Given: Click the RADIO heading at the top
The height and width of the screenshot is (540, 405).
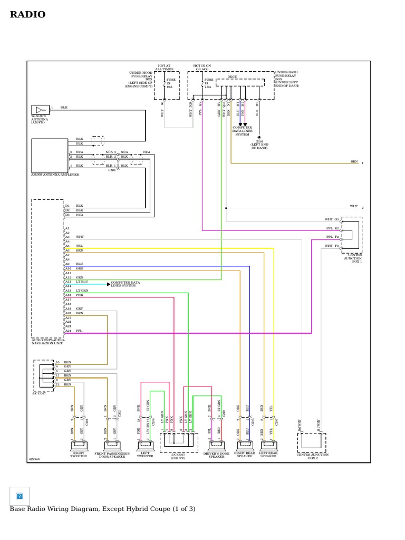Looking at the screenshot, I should pos(27,15).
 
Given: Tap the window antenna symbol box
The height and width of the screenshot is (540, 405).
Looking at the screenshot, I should pos(40,110).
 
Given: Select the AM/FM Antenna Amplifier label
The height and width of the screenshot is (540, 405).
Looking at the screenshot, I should pos(55,173).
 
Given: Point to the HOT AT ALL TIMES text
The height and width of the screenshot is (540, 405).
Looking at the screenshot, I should pos(164,67).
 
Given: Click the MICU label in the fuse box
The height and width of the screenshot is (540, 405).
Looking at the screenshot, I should pos(233,76).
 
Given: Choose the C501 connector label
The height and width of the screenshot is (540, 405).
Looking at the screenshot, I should pos(112,170).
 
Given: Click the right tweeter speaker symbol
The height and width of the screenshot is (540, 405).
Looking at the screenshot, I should pos(79,446).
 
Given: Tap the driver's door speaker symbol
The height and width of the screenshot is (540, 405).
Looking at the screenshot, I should pos(216,446).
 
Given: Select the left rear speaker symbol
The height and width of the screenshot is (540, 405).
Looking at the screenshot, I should pos(268,446).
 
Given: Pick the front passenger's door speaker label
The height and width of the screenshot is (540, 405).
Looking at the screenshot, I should pos(112,455).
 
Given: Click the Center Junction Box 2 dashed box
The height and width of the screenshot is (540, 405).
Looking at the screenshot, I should pos(312,442).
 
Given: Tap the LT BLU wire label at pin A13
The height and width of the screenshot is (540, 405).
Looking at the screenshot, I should pos(82,282).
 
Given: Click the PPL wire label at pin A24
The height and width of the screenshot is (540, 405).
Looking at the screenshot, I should pos(79,331).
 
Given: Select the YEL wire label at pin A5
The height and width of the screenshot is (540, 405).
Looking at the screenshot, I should pos(79,246).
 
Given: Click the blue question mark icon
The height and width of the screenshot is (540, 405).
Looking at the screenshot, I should pos(20,496).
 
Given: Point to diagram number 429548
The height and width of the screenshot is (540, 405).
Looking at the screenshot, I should pos(34,459).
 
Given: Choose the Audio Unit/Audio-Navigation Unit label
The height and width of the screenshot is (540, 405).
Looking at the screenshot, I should pos(47,342).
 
